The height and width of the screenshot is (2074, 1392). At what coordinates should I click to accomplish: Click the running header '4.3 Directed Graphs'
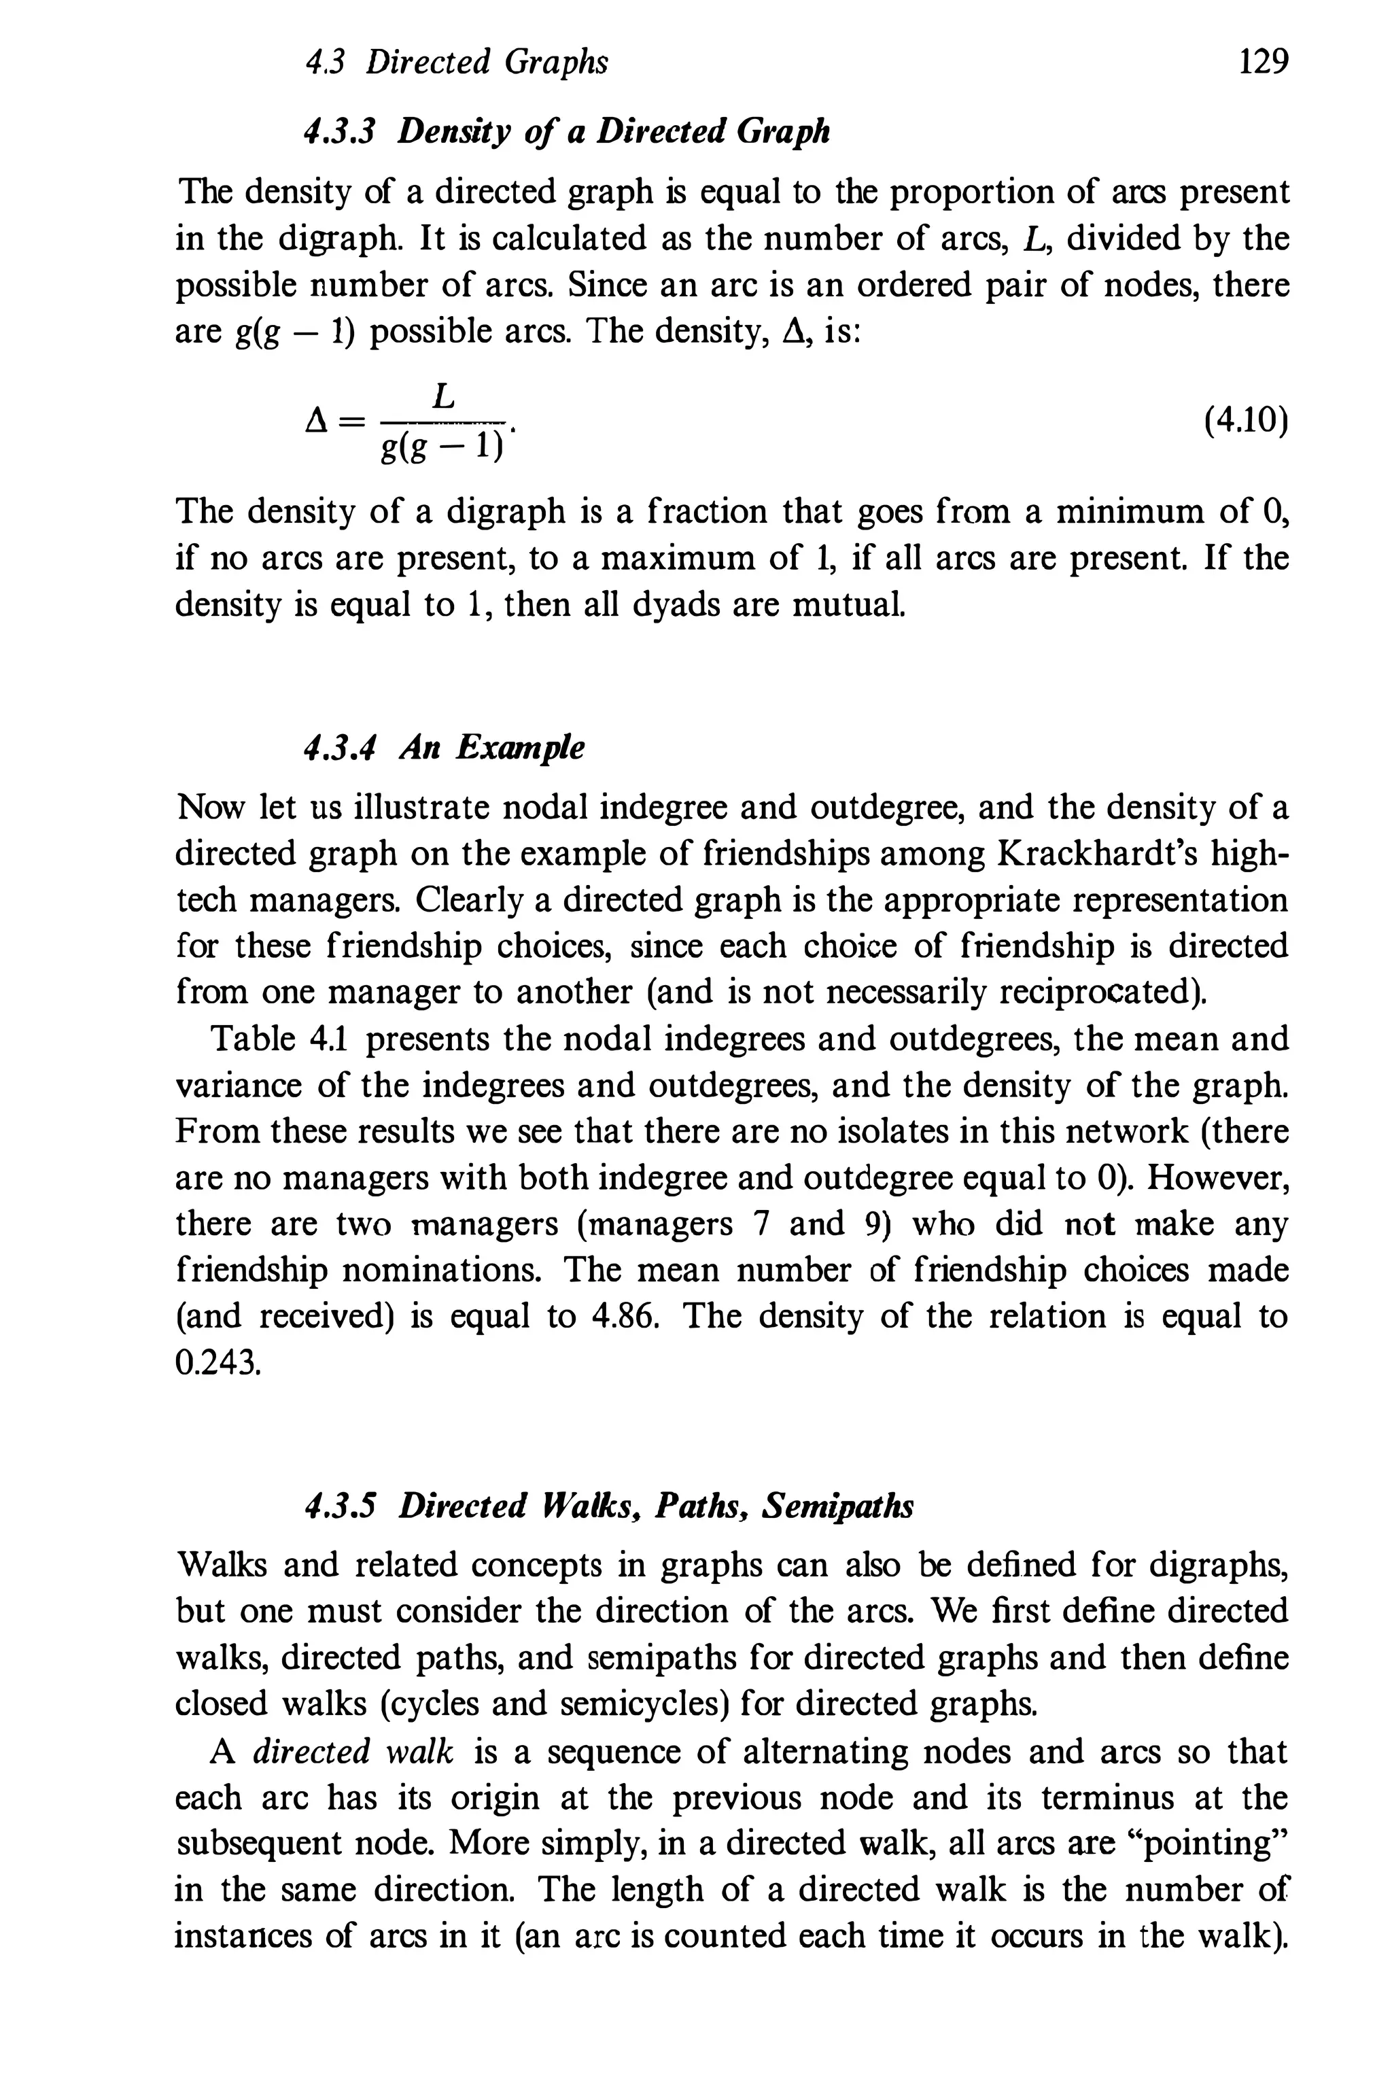tap(456, 62)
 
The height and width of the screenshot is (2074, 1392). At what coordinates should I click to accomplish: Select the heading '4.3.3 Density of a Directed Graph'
tap(566, 131)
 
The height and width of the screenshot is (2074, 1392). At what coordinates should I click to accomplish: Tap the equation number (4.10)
tap(1245, 420)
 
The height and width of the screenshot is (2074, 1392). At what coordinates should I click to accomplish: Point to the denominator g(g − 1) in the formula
tap(441, 447)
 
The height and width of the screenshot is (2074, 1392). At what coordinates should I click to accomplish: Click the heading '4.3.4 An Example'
tap(444, 748)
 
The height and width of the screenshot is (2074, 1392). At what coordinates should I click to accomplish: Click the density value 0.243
tap(217, 1363)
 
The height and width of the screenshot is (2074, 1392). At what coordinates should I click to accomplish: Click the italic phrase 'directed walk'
tap(353, 1752)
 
